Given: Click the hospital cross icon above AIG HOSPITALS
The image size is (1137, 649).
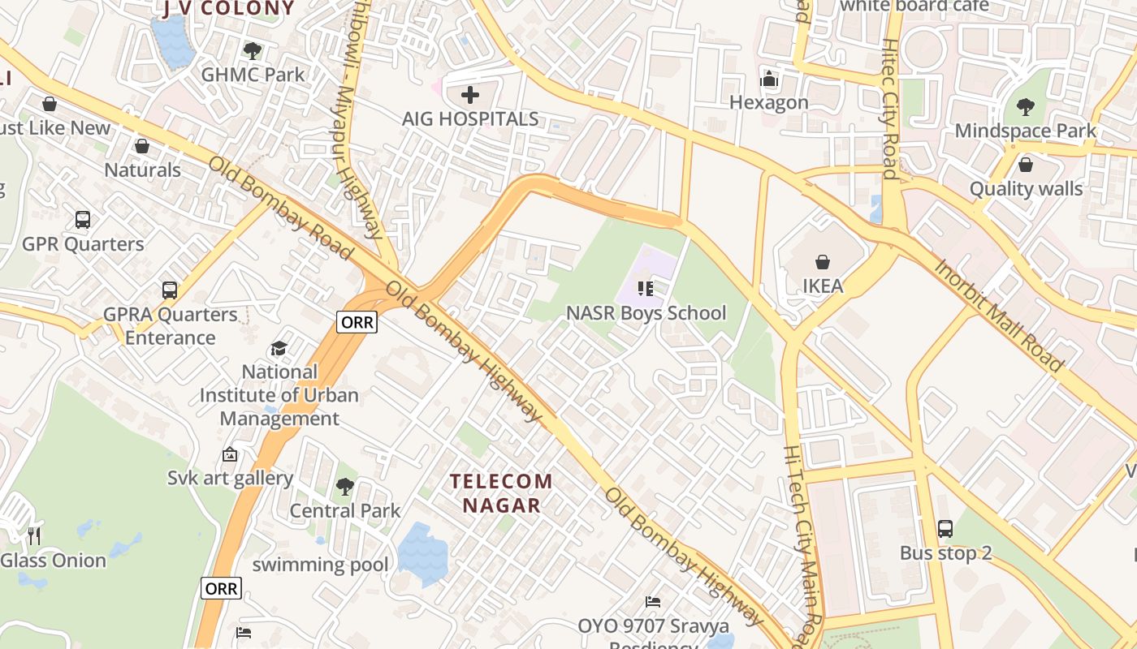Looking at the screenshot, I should [x=469, y=95].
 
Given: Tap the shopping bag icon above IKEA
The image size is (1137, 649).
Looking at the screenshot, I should [x=823, y=262].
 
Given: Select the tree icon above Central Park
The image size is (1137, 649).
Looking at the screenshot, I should [x=345, y=487].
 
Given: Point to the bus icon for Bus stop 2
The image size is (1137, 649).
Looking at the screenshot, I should [x=945, y=529].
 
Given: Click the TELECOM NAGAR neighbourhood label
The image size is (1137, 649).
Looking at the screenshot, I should [x=501, y=493].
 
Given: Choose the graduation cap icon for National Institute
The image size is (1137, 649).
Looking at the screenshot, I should [x=279, y=348].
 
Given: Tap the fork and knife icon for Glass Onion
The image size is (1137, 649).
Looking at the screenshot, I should [x=34, y=535].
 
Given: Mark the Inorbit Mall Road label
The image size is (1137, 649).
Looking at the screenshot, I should [x=998, y=315].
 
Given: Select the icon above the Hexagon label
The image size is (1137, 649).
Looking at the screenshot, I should [x=768, y=80].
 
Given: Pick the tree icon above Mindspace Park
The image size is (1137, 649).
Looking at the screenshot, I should [x=1026, y=106].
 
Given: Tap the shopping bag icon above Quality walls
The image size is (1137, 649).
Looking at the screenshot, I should [x=1026, y=165].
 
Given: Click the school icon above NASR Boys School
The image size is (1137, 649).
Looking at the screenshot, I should [x=646, y=289].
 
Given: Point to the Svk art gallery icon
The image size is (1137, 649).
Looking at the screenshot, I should [x=230, y=454].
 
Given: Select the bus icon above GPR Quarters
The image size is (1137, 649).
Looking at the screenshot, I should [x=83, y=219].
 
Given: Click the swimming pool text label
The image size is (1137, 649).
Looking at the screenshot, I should [x=320, y=565].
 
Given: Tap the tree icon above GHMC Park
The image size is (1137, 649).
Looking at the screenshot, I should [x=253, y=50].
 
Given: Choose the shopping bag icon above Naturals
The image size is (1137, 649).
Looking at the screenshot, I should [x=142, y=146].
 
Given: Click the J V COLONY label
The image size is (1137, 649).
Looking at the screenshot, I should [x=228, y=9].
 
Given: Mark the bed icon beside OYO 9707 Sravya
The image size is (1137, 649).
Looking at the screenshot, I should [x=653, y=601].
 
